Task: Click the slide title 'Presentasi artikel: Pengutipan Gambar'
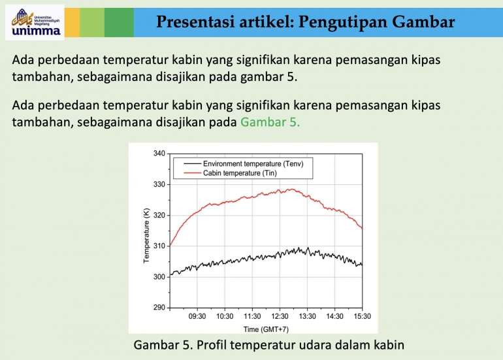[306, 22]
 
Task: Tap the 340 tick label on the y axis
[159, 154]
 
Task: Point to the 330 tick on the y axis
[159, 184]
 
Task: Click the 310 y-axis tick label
[159, 246]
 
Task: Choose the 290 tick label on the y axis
[159, 308]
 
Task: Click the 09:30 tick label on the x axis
[197, 316]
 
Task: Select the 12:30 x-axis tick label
[280, 316]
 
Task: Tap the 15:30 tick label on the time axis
[362, 316]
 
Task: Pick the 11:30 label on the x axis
[252, 316]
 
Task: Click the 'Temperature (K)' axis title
[146, 235]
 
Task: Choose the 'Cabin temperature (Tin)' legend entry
[240, 172]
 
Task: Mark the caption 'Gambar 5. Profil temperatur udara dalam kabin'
[269, 344]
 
